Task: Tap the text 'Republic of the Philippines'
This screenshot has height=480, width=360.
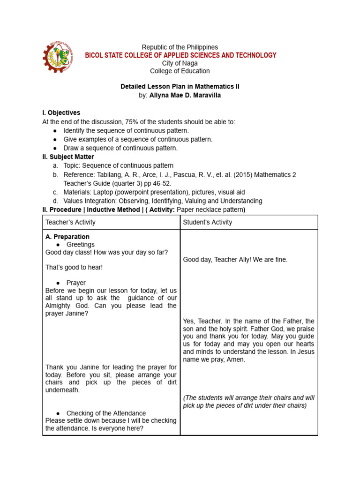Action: coord(180,47)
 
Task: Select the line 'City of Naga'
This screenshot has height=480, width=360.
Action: coord(180,63)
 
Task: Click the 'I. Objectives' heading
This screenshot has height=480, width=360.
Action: coord(61,113)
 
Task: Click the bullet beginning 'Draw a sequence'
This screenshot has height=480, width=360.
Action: coord(120,148)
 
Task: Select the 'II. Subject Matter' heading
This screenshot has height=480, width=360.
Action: coord(68,157)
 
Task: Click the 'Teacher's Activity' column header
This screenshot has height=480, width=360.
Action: coord(70,222)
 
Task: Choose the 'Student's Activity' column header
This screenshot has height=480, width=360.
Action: coord(208,222)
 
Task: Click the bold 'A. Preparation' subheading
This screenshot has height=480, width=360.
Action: coord(67,237)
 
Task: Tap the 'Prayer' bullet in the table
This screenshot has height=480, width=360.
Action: coord(76,283)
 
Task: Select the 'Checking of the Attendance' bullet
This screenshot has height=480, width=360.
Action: coord(106,413)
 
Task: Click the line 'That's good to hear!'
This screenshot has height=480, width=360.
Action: coord(74,267)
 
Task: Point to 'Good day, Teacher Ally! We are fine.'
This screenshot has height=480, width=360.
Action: coord(235,259)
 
